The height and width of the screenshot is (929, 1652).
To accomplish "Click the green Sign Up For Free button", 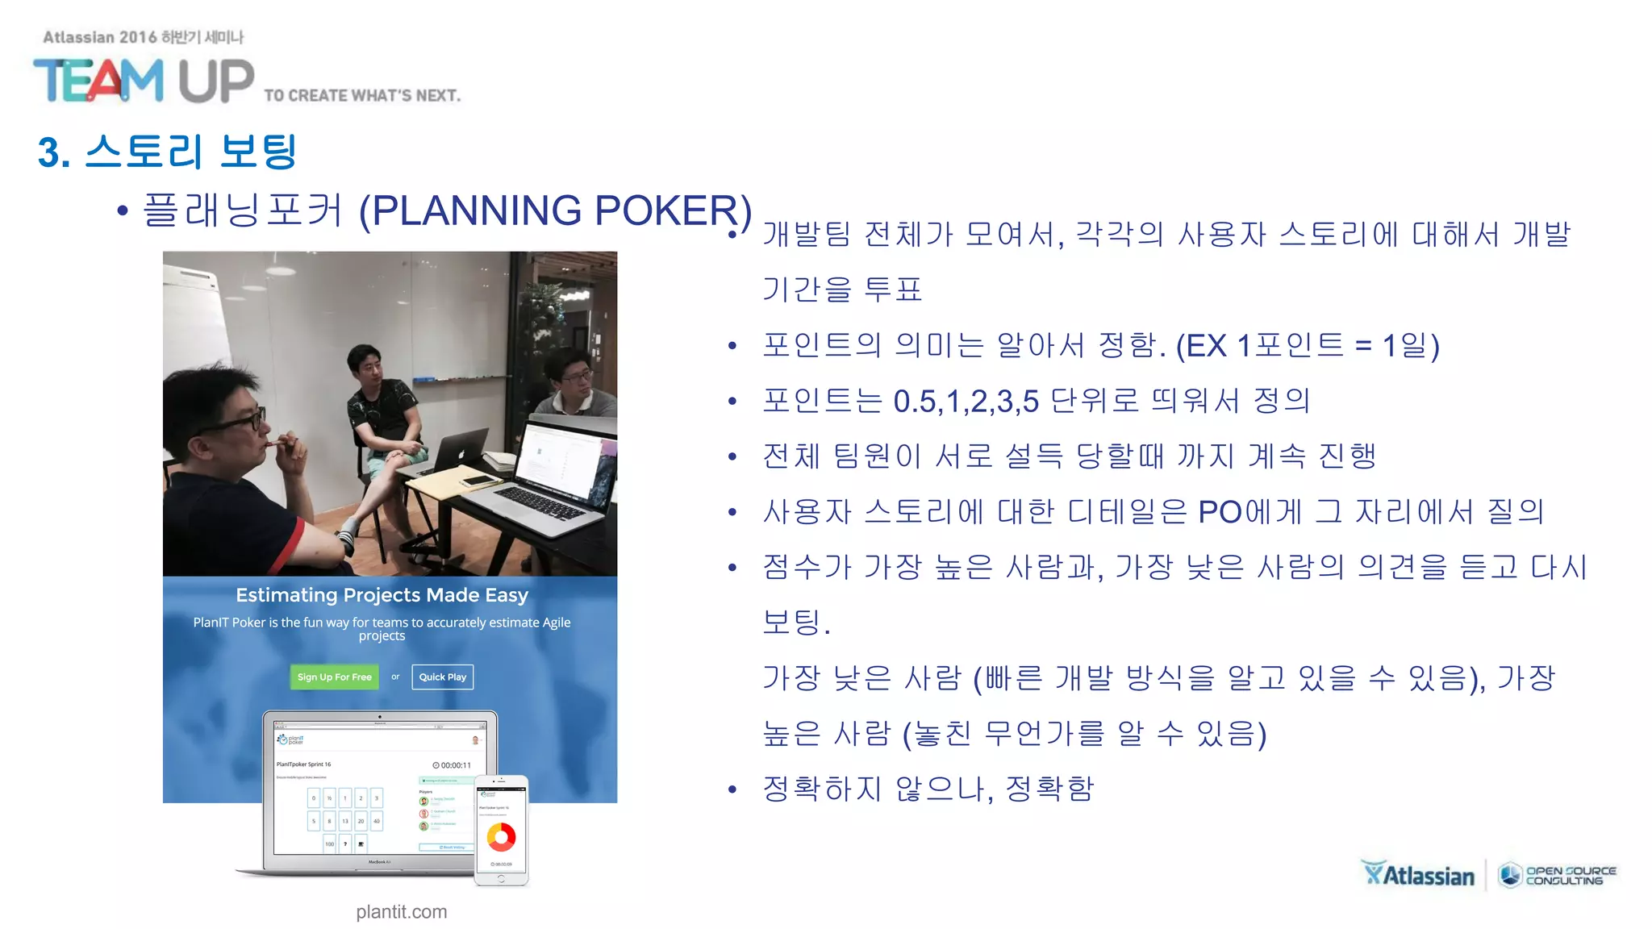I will click(x=334, y=677).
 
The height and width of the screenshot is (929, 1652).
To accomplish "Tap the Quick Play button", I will click(x=442, y=677).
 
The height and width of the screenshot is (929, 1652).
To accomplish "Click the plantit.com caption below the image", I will click(x=401, y=912).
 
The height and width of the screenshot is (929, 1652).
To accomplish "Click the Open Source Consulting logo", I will click(x=1558, y=875).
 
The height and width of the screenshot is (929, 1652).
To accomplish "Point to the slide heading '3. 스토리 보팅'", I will click(x=168, y=152).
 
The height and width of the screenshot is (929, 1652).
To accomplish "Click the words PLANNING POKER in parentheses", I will click(x=555, y=211).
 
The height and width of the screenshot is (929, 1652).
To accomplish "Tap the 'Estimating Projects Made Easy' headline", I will click(x=382, y=595).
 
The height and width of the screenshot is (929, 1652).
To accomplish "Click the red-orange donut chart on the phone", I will click(x=501, y=837).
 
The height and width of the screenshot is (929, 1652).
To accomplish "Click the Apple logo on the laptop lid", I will click(x=461, y=453).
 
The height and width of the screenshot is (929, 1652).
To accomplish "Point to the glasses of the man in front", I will click(x=242, y=419).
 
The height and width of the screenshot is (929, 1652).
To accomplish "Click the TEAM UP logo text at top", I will click(x=144, y=81).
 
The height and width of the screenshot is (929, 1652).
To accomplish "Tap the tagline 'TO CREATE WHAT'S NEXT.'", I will click(x=362, y=96).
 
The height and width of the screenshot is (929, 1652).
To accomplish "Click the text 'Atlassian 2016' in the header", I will click(x=99, y=37).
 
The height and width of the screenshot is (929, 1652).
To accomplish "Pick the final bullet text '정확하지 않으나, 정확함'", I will click(x=928, y=789).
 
